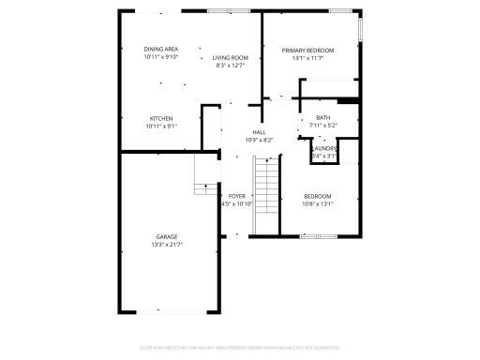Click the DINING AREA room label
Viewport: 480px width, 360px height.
coord(161,49)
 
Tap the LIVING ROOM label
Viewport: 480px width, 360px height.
coord(230,57)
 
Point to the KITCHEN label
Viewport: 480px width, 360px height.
coord(161,117)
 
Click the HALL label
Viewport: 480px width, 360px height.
coord(259,132)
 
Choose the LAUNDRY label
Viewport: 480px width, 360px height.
coord(324,148)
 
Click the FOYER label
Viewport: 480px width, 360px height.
coord(237,196)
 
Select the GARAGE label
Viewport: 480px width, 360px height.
coord(167,236)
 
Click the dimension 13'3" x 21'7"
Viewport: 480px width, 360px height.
coord(167,244)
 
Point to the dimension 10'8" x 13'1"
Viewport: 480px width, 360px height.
coord(317,203)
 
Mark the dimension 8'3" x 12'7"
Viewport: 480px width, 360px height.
coord(230,66)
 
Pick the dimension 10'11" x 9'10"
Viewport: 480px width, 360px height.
coord(161,56)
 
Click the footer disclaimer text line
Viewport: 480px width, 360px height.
coord(240,347)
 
